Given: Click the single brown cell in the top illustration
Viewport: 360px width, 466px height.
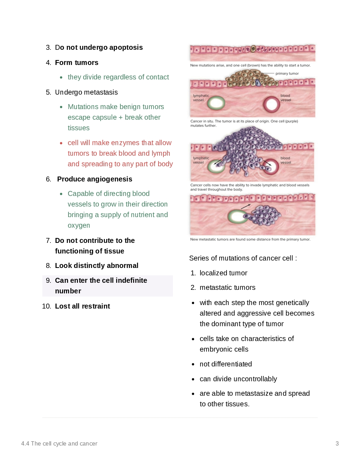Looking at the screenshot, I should tap(253, 49).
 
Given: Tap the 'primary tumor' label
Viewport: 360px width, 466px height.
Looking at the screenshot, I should tap(287, 73).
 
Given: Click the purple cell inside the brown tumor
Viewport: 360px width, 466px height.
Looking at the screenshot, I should tap(258, 83).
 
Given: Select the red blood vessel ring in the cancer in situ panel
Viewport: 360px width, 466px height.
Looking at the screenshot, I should tap(271, 104).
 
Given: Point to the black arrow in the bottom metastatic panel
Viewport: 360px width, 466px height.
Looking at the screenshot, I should tap(246, 207).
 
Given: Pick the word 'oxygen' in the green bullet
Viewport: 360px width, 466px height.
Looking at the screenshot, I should tap(79, 226).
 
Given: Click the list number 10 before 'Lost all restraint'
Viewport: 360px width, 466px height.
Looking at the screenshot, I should tap(47, 306).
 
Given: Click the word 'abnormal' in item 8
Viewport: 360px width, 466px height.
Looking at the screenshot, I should tap(122, 266).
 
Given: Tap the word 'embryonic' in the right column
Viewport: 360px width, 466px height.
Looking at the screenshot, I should tap(216, 349).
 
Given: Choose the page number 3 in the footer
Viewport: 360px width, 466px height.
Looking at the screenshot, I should tap(337, 444).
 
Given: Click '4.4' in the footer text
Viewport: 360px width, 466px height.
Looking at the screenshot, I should tap(25, 444).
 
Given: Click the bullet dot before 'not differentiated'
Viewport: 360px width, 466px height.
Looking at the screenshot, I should tap(193, 364).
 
